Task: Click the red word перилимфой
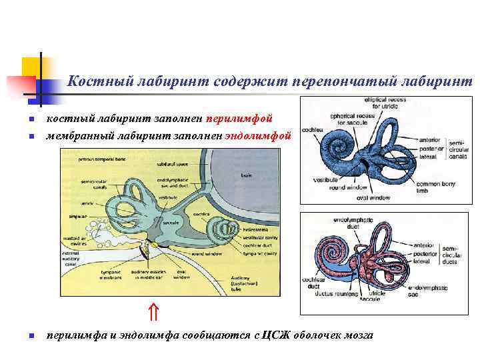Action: click(x=239, y=119)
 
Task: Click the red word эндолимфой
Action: click(x=258, y=135)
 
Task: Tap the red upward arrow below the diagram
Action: click(x=153, y=311)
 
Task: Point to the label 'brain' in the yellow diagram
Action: click(x=245, y=175)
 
